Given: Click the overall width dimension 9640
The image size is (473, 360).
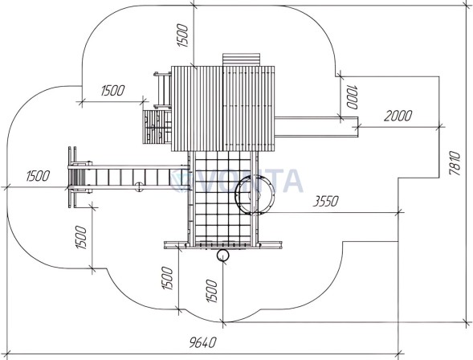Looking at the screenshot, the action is tap(203, 342).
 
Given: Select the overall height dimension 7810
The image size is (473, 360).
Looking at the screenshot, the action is tap(455, 163).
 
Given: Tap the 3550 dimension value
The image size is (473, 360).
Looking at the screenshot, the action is tap(325, 201).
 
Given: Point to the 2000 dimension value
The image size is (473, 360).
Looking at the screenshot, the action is tap(398, 116).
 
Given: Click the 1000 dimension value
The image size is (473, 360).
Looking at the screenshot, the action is tap(353, 97).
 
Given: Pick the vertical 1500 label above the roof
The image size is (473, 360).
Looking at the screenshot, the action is tap(183, 35).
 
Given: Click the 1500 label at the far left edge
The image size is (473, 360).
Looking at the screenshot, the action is tap(38, 176).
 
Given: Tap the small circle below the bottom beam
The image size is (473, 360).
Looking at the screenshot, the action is tap(223, 256).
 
